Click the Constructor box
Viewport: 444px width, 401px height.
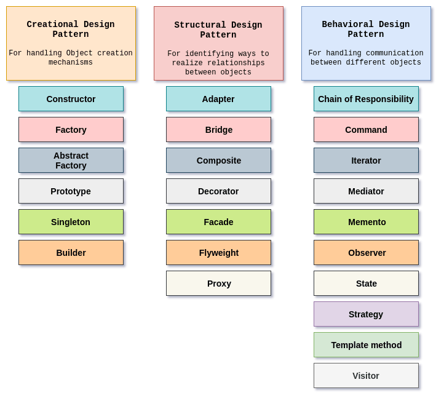(71, 99)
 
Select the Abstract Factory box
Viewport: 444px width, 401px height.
(71, 161)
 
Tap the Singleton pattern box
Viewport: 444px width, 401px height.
(71, 222)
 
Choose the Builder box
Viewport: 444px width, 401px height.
(71, 253)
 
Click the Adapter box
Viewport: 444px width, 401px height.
(218, 99)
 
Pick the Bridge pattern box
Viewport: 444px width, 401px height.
(218, 130)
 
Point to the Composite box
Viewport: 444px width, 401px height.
(218, 161)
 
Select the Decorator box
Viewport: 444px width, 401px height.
(218, 191)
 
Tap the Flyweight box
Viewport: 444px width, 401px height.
(218, 253)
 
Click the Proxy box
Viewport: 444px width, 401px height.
(218, 284)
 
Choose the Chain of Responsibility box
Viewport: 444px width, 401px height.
(366, 99)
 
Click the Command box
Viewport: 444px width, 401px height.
(366, 130)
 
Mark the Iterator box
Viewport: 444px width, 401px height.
(366, 161)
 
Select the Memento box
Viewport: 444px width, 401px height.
(366, 222)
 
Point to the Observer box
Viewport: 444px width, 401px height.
(366, 253)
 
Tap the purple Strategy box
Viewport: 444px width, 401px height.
(366, 314)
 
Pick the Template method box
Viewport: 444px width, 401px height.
(366, 345)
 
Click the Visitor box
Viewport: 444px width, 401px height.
(366, 376)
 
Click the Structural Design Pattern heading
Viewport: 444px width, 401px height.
(218, 30)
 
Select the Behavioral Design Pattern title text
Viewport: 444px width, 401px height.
(366, 30)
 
